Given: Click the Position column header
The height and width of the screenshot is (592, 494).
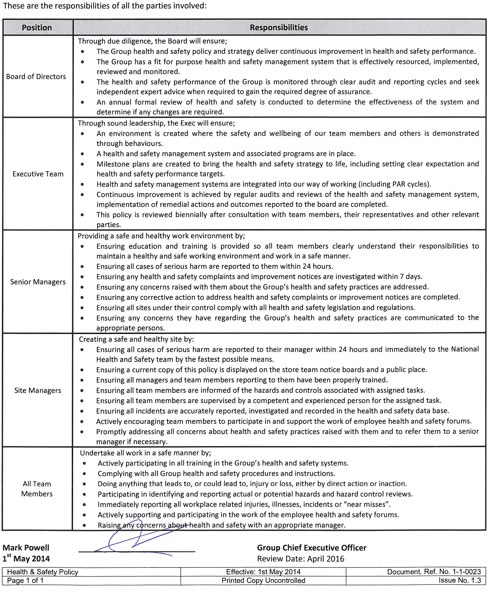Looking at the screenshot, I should [x=37, y=28].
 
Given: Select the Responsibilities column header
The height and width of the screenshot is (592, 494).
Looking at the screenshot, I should [x=279, y=28].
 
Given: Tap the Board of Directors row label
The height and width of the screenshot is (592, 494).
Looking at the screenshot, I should [x=36, y=77].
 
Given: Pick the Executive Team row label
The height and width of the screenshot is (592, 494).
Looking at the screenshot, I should [x=38, y=174].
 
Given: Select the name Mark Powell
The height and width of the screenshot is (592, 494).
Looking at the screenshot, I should [x=26, y=548].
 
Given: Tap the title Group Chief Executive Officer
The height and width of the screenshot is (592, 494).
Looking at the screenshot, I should [x=311, y=548].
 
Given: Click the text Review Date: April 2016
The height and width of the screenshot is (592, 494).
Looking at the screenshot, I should [x=300, y=559].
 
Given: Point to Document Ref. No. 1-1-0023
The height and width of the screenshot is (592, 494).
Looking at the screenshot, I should [x=434, y=572].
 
